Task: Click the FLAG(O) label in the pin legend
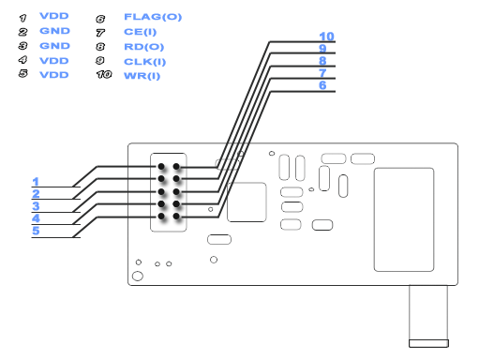coord(153,17)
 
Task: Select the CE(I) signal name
coord(140,32)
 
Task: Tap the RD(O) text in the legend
coord(143,47)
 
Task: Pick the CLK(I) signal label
coord(144,62)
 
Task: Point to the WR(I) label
coord(142,76)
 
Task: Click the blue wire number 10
coord(326,37)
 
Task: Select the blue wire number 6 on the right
coord(322,85)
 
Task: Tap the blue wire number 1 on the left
coord(36,182)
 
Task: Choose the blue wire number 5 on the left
coord(36,231)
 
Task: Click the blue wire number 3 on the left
coord(36,206)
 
